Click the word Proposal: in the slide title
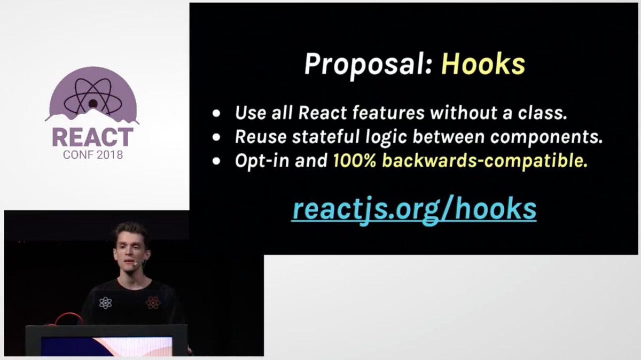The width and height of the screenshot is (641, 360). pos(368,65)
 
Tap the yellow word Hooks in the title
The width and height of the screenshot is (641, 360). pos(483,64)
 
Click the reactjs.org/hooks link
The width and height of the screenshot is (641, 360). pos(414,209)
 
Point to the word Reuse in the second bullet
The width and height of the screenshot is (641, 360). pos(261,137)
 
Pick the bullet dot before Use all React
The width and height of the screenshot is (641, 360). pos(216,114)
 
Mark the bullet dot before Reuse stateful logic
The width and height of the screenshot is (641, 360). pos(216,138)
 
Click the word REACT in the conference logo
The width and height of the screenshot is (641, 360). pos(92,137)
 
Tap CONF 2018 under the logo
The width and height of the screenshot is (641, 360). pos(92,155)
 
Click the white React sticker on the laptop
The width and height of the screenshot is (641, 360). pos(105,303)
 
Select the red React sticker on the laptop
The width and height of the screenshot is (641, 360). pos(153,302)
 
